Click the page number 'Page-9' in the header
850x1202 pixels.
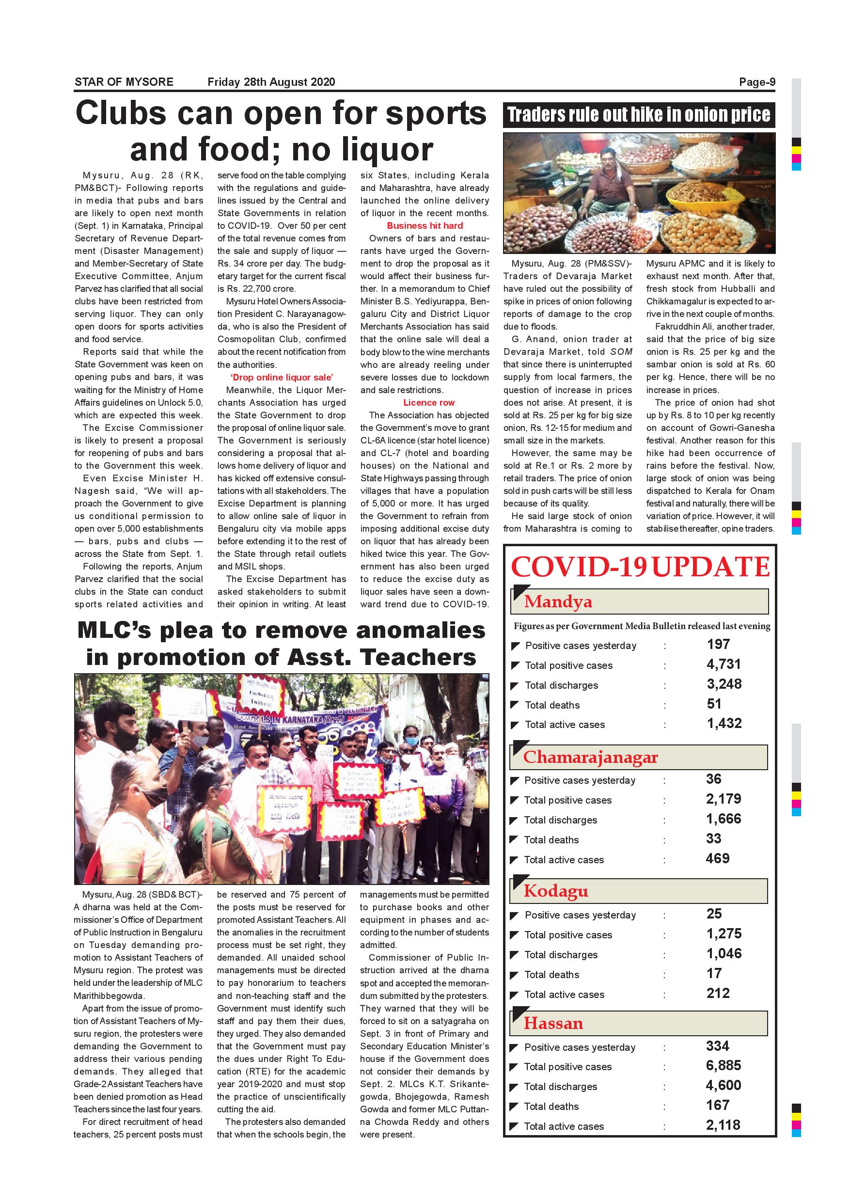(x=756, y=82)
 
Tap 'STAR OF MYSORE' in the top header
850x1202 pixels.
(x=124, y=82)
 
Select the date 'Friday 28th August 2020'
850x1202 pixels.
(x=271, y=82)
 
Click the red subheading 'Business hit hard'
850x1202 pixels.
(x=425, y=226)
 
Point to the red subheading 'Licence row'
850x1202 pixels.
(x=429, y=403)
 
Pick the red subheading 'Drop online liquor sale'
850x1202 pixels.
(x=282, y=378)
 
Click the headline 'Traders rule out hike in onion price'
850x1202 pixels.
(x=639, y=115)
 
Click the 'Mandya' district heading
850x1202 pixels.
(x=558, y=601)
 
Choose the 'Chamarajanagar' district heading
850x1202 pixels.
(x=590, y=757)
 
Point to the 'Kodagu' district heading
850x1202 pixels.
(x=556, y=891)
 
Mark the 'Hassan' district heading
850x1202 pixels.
(x=553, y=1024)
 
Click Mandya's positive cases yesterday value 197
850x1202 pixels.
(x=718, y=645)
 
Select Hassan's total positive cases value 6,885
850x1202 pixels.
(x=724, y=1065)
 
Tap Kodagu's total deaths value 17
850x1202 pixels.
(x=714, y=973)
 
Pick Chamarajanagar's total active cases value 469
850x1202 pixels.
(x=717, y=858)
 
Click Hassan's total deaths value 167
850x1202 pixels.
(x=717, y=1105)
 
